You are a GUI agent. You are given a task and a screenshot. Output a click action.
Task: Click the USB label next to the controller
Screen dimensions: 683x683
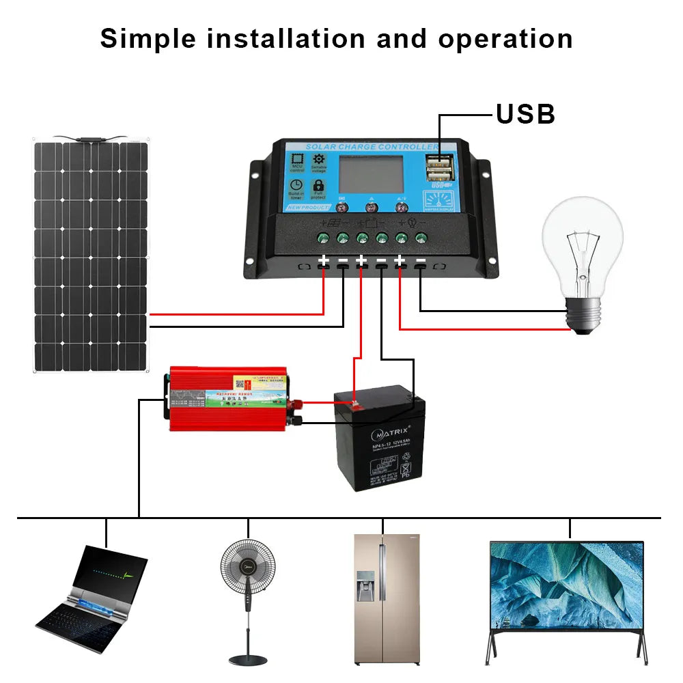point(525,114)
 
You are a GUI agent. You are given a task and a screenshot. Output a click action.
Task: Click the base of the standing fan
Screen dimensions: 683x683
point(247,660)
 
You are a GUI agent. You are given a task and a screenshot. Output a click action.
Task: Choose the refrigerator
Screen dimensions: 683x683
point(382,598)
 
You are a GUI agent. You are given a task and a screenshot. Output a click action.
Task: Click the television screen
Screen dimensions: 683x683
point(567,585)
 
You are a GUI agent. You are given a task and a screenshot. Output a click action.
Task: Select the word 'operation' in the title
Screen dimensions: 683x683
point(505,39)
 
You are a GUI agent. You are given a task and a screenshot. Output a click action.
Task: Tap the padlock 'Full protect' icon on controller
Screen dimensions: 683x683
point(318,186)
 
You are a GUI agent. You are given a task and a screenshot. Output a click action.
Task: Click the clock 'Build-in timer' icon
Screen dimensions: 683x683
point(296,186)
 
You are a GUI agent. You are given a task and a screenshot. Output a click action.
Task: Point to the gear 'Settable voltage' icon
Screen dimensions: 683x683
point(318,160)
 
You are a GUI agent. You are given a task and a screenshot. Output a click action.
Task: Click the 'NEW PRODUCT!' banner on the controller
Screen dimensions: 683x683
point(307,207)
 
